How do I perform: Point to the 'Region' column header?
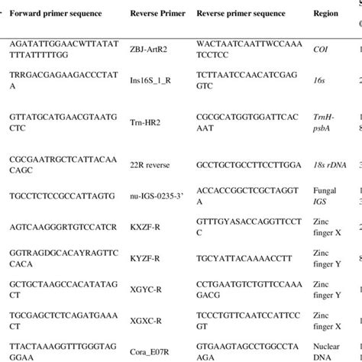tap(325, 15)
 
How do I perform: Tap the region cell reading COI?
tap(323, 48)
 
